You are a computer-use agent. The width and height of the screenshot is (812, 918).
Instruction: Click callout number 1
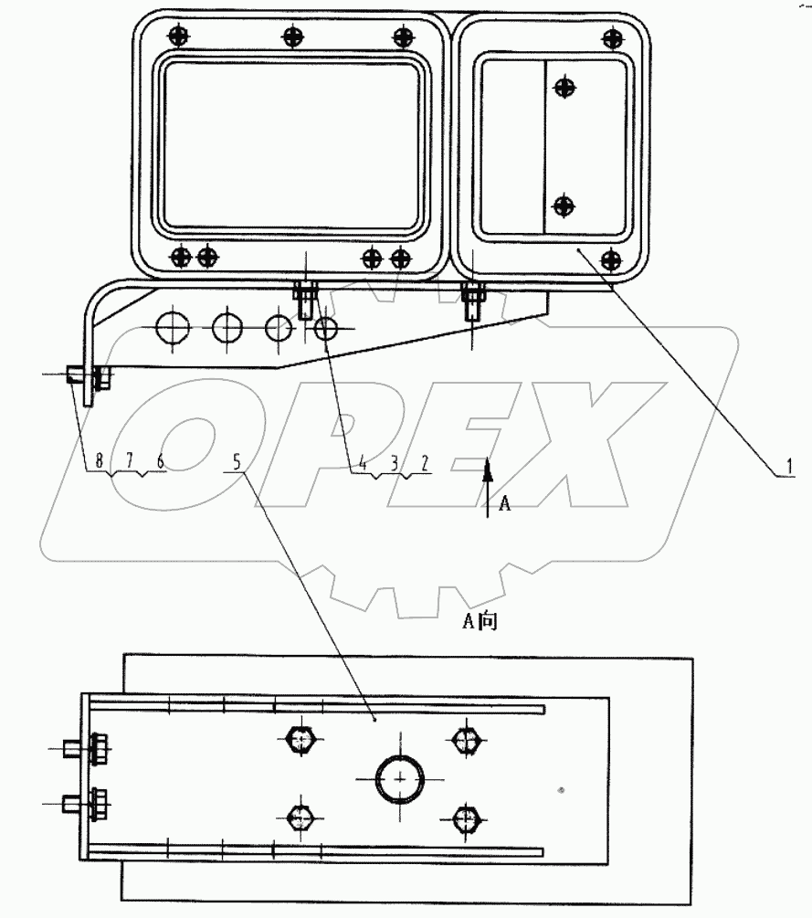pyautogui.click(x=784, y=467)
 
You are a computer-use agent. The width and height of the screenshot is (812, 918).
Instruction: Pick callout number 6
pyautogui.click(x=160, y=462)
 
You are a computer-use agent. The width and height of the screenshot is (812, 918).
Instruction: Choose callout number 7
pyautogui.click(x=130, y=462)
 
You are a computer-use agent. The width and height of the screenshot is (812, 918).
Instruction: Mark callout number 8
pyautogui.click(x=100, y=462)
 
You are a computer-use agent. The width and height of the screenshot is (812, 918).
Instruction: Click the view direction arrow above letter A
pyautogui.click(x=488, y=471)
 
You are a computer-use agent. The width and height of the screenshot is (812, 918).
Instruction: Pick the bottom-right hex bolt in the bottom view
pyautogui.click(x=466, y=817)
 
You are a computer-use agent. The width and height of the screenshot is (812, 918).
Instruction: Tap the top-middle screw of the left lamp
pyautogui.click(x=292, y=37)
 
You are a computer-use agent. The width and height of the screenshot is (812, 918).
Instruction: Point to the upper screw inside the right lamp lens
pyautogui.click(x=565, y=88)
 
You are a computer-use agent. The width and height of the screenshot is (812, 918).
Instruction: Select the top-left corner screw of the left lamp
pyautogui.click(x=178, y=37)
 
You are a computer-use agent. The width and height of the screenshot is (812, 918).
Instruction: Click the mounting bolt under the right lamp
pyautogui.click(x=472, y=298)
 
